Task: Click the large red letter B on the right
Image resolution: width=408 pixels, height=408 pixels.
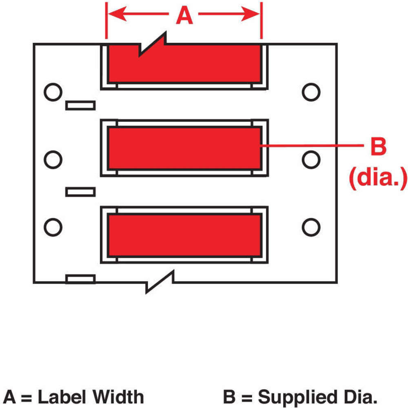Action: [x=378, y=146]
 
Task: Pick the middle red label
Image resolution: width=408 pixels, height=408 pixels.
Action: [x=184, y=148]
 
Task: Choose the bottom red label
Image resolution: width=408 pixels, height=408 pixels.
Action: [x=184, y=235]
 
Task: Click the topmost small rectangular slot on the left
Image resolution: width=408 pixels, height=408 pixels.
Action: [x=80, y=106]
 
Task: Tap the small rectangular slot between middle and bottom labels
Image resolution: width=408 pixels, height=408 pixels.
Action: [x=80, y=191]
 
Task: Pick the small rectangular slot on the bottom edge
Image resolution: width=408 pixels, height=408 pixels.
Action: [x=80, y=279]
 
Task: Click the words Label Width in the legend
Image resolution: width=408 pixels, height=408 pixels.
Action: [x=91, y=397]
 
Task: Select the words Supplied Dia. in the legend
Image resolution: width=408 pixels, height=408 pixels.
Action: [x=316, y=397]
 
